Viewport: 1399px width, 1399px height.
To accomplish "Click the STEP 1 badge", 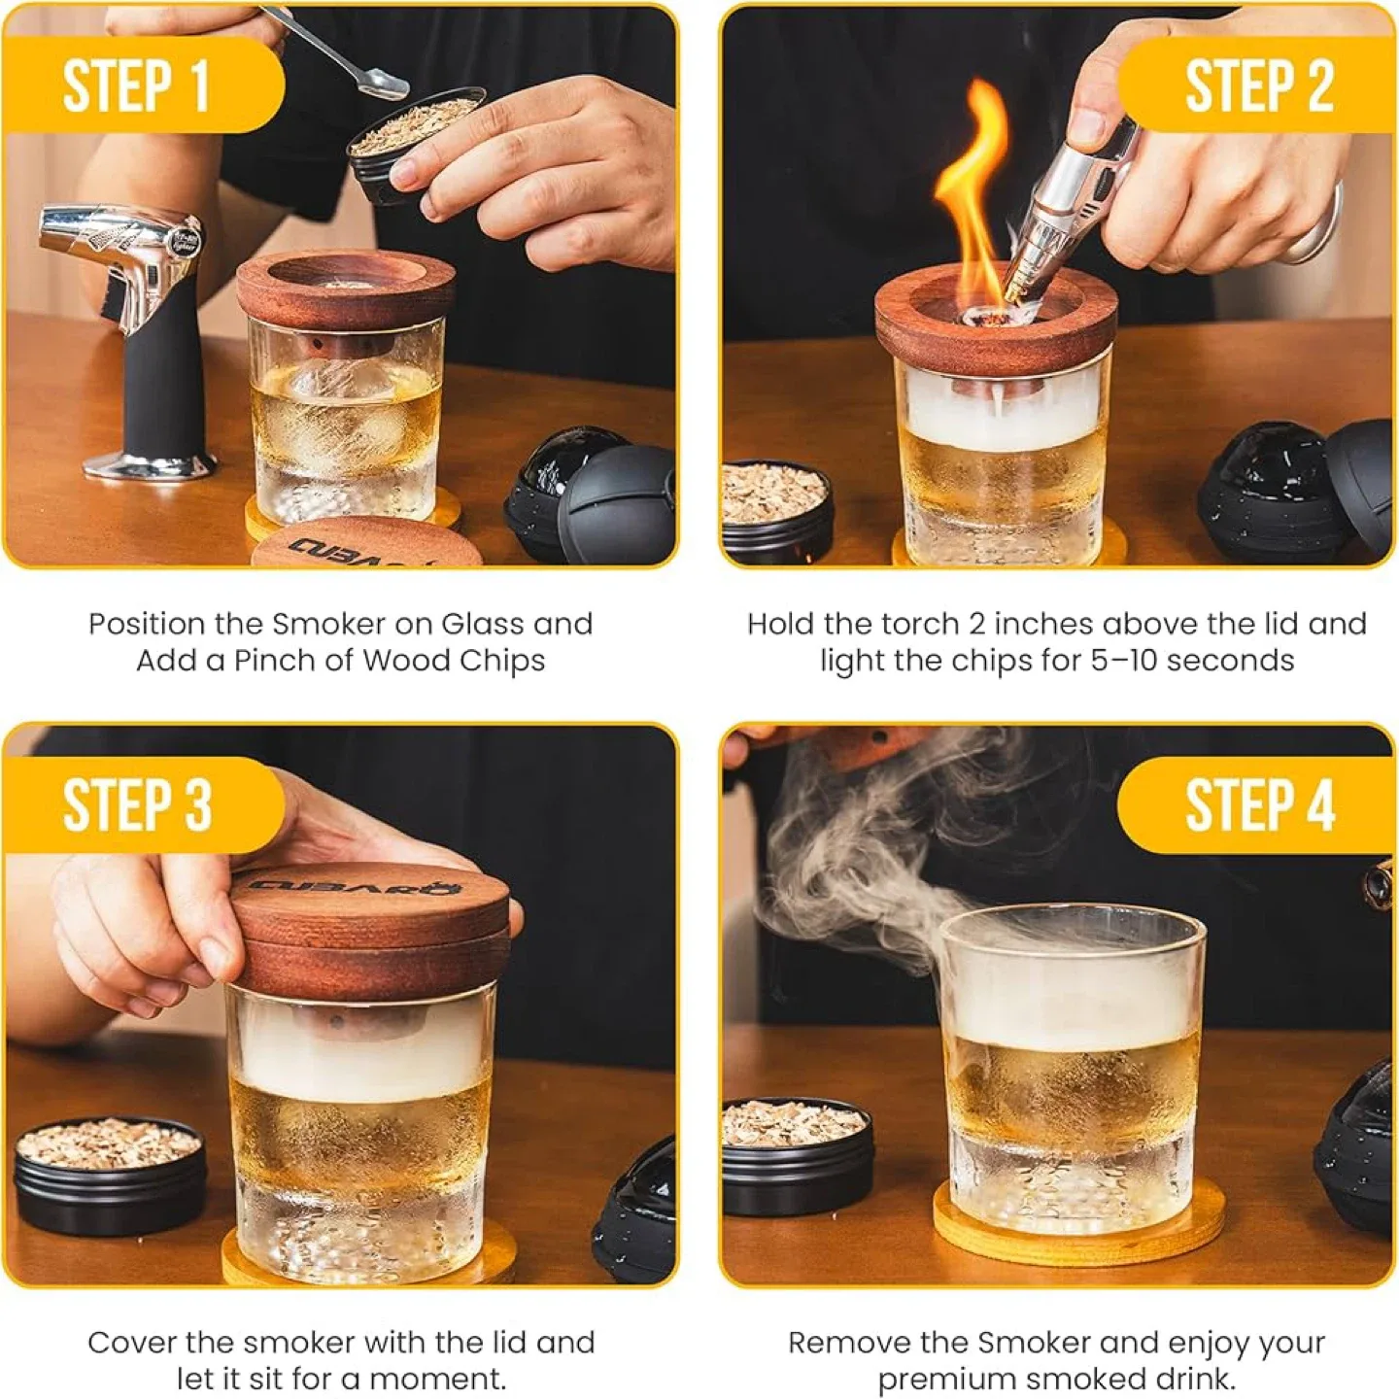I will pyautogui.click(x=136, y=85).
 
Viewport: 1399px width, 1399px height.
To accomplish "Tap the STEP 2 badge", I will pyautogui.click(x=1259, y=85).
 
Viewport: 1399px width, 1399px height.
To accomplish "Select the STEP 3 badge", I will pyautogui.click(x=136, y=804).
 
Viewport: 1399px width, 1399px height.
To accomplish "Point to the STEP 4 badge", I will pyautogui.click(x=1259, y=804).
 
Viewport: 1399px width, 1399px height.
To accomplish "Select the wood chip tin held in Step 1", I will pyautogui.click(x=413, y=146).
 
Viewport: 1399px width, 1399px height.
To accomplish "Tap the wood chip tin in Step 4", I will pyautogui.click(x=797, y=1151).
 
